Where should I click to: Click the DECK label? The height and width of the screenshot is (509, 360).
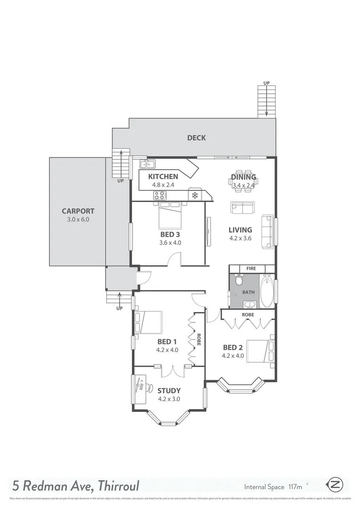click(196, 138)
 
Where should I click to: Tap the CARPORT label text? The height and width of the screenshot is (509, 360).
click(78, 212)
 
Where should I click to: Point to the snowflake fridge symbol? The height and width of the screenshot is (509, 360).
click(195, 195)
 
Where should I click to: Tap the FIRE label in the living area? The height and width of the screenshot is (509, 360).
click(251, 269)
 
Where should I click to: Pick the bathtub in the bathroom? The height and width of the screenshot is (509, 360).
click(267, 291)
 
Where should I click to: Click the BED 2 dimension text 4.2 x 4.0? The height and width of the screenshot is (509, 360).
click(233, 356)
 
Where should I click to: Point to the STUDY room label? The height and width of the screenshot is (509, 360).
click(169, 390)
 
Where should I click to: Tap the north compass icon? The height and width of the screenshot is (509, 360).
click(336, 484)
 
